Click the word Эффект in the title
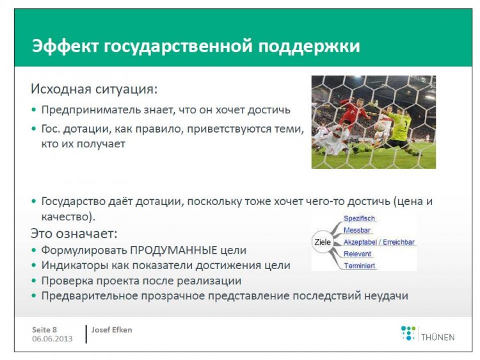pyautogui.click(x=65, y=46)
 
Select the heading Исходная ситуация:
pyautogui.click(x=94, y=89)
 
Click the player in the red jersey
pyautogui.click(x=356, y=113)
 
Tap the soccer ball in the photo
pyautogui.click(x=380, y=126)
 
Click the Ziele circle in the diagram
pyautogui.click(x=323, y=242)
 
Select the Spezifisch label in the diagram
pyautogui.click(x=359, y=218)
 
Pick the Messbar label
pyautogui.click(x=357, y=230)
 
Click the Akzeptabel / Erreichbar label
pyautogui.click(x=379, y=242)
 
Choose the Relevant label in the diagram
pyautogui.click(x=357, y=254)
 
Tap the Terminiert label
pyautogui.click(x=360, y=266)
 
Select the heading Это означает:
pyautogui.click(x=74, y=234)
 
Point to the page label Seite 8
pyautogui.click(x=44, y=330)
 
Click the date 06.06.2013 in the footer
pyautogui.click(x=52, y=339)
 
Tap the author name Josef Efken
pyautogui.click(x=112, y=330)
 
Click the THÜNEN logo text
pyautogui.click(x=438, y=338)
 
